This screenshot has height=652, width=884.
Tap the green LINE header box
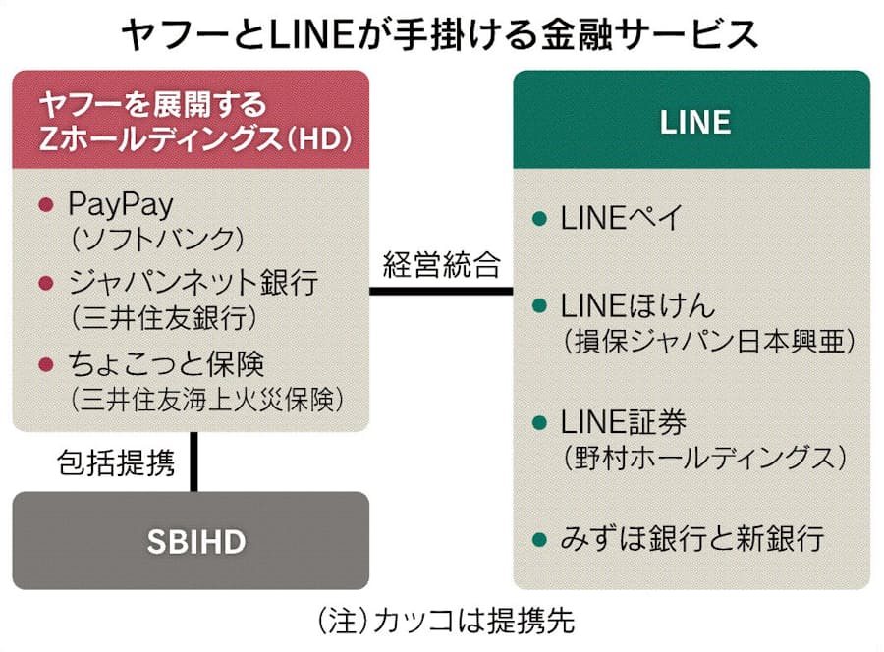click(x=694, y=121)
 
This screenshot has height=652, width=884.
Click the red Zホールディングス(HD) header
click(x=191, y=121)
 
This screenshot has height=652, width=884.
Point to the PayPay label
click(x=121, y=204)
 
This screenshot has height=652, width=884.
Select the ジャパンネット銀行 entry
click(x=193, y=283)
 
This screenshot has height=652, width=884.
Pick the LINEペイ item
click(x=621, y=218)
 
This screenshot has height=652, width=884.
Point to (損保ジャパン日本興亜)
click(x=706, y=341)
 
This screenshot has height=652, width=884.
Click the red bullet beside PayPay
click(x=44, y=205)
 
